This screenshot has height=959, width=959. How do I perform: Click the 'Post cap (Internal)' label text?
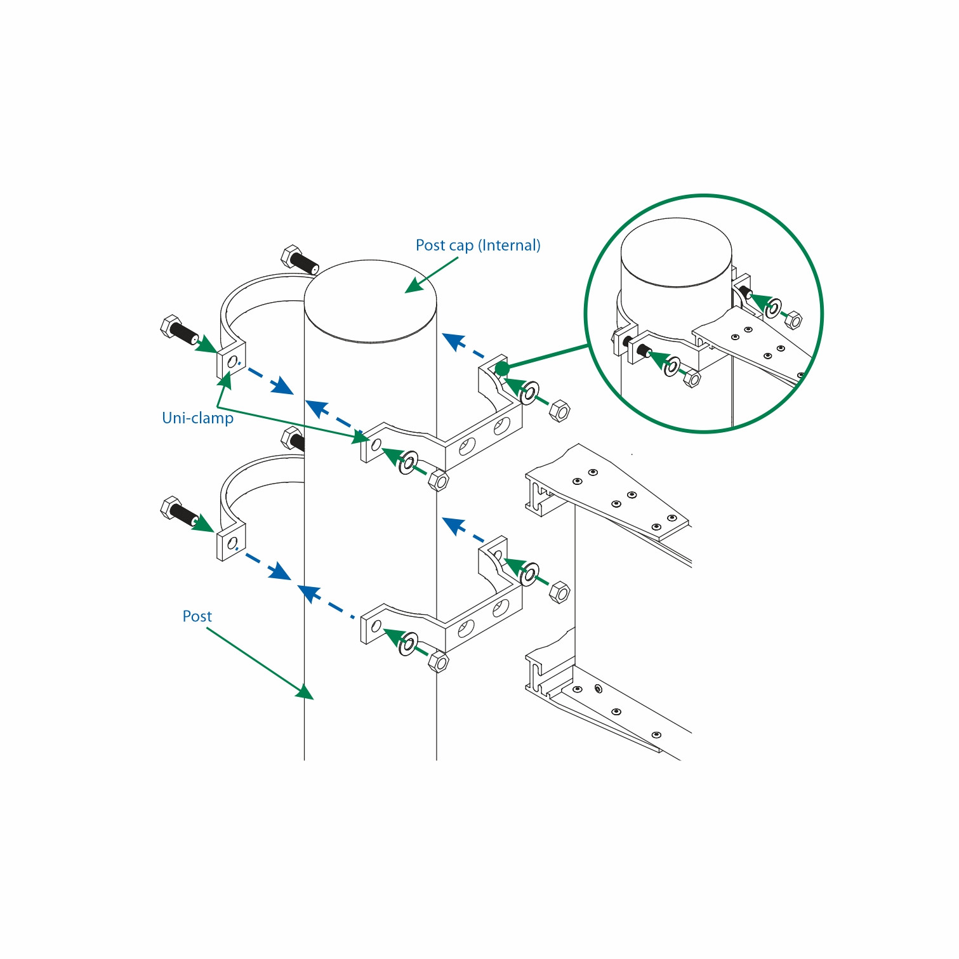pyautogui.click(x=478, y=245)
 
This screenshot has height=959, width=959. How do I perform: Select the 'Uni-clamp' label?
pyautogui.click(x=197, y=418)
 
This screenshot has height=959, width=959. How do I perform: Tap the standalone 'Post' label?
pyautogui.click(x=197, y=616)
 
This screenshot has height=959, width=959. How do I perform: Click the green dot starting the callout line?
pyautogui.click(x=501, y=368)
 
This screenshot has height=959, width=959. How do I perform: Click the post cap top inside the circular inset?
pyautogui.click(x=676, y=251)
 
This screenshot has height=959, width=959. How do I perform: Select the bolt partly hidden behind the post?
pyautogui.click(x=293, y=439)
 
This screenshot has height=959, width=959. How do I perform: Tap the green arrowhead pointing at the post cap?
pyautogui.click(x=414, y=286)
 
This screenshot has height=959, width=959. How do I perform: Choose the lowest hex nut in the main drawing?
pyautogui.click(x=438, y=662)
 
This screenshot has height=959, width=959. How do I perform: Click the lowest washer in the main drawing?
pyautogui.click(x=409, y=644)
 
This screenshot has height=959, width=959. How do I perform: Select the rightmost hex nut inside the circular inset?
pyautogui.click(x=793, y=320)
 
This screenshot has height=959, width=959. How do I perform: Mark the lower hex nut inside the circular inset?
pyautogui.click(x=692, y=380)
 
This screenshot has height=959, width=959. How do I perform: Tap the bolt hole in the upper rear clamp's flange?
pyautogui.click(x=232, y=362)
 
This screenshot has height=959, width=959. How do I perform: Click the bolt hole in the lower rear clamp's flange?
pyautogui.click(x=232, y=543)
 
